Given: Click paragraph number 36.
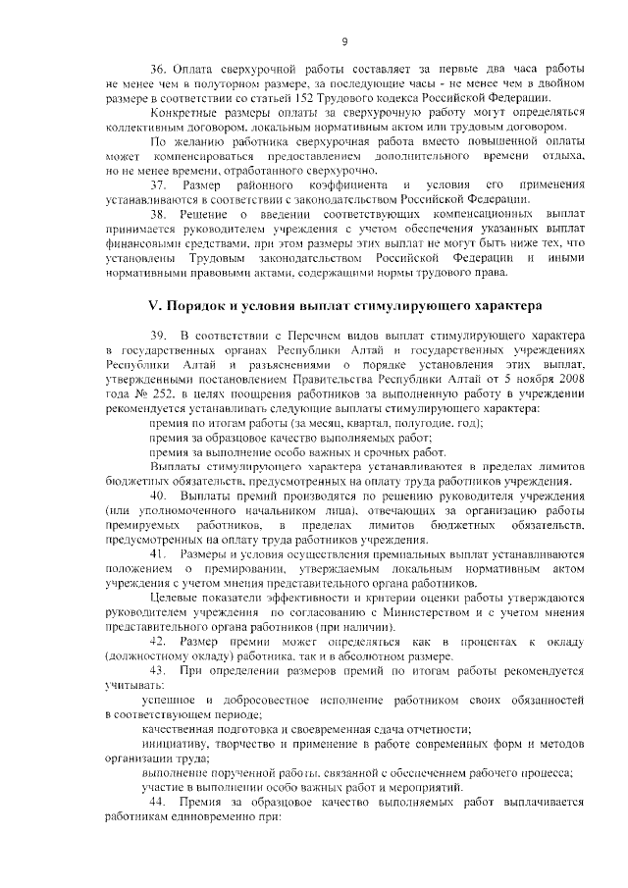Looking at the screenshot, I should point(158,70).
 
